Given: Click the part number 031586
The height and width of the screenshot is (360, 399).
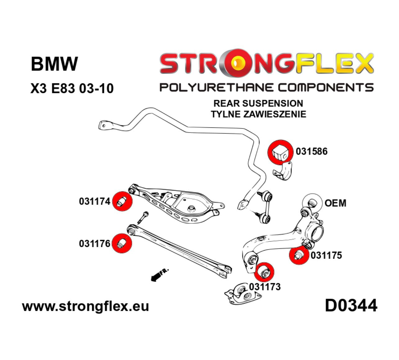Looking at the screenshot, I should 311,151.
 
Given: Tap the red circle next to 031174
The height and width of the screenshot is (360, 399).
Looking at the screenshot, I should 122,201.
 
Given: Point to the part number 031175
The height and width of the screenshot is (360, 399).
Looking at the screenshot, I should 326,255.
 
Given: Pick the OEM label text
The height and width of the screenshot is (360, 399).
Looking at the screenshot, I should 335,203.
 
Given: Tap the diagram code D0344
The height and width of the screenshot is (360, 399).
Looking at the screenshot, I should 351,306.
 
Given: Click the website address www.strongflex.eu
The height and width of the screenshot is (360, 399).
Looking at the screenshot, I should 85,306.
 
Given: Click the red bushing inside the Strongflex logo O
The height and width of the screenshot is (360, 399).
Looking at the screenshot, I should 238,63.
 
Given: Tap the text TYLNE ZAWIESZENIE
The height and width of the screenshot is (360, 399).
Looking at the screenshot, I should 258,114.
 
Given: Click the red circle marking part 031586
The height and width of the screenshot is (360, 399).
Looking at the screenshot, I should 280,151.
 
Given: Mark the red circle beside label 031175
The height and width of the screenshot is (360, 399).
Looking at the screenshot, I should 299,255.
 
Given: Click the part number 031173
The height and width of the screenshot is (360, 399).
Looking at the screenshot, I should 264,286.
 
